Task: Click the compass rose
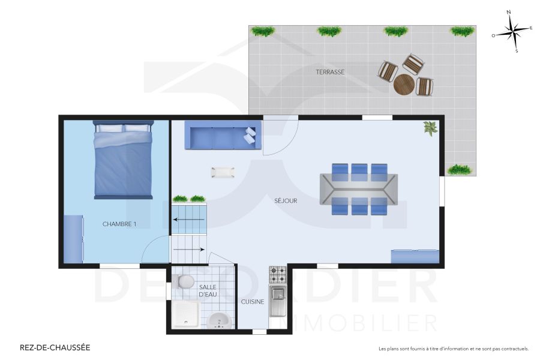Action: (512, 32)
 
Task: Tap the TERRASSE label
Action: (330, 72)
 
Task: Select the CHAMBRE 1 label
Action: (119, 224)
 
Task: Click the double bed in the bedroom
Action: (123, 160)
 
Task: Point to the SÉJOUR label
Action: (286, 201)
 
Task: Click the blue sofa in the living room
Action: (223, 136)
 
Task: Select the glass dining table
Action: (359, 189)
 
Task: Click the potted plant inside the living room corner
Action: (430, 128)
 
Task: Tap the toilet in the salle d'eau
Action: (185, 281)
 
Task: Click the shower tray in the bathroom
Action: (185, 314)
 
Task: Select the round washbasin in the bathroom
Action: (220, 322)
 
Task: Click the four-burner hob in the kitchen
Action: (277, 275)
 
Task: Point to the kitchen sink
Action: (277, 301)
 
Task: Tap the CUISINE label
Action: (253, 302)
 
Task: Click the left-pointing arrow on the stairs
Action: (189, 220)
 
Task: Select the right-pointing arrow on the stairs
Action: (189, 249)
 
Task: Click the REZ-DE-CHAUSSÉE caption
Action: (55, 347)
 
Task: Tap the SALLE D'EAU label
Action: (208, 291)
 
